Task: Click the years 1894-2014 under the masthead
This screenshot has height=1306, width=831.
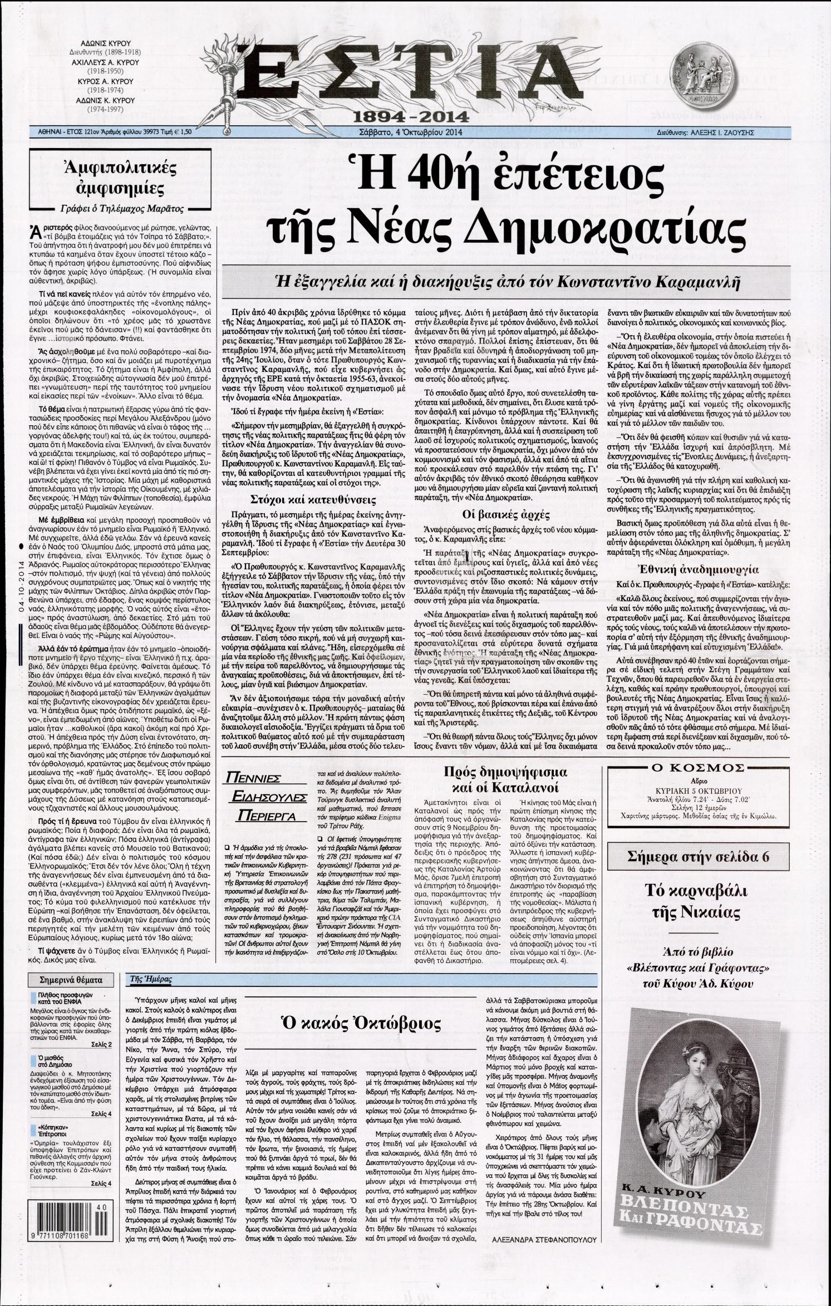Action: tap(401, 117)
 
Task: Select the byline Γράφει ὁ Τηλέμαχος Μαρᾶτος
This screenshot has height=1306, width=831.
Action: tap(124, 209)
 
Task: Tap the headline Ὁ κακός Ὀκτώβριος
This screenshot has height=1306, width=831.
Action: tap(362, 1024)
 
